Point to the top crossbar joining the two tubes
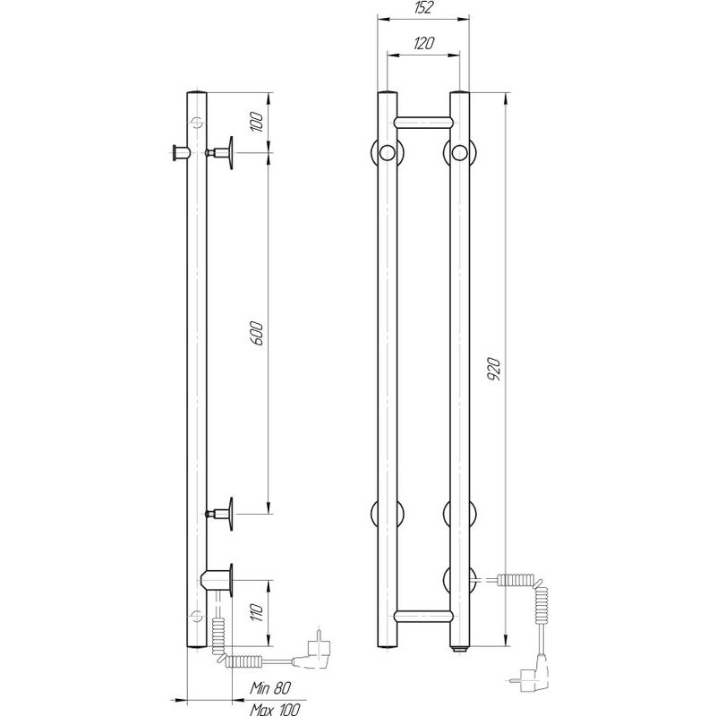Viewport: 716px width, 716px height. coord(423,119)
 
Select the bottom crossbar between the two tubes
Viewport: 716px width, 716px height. coord(423,616)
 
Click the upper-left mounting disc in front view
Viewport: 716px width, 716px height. coord(387,152)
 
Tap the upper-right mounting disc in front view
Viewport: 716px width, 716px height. coord(460,152)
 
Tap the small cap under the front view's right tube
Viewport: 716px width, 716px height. coord(459,648)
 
